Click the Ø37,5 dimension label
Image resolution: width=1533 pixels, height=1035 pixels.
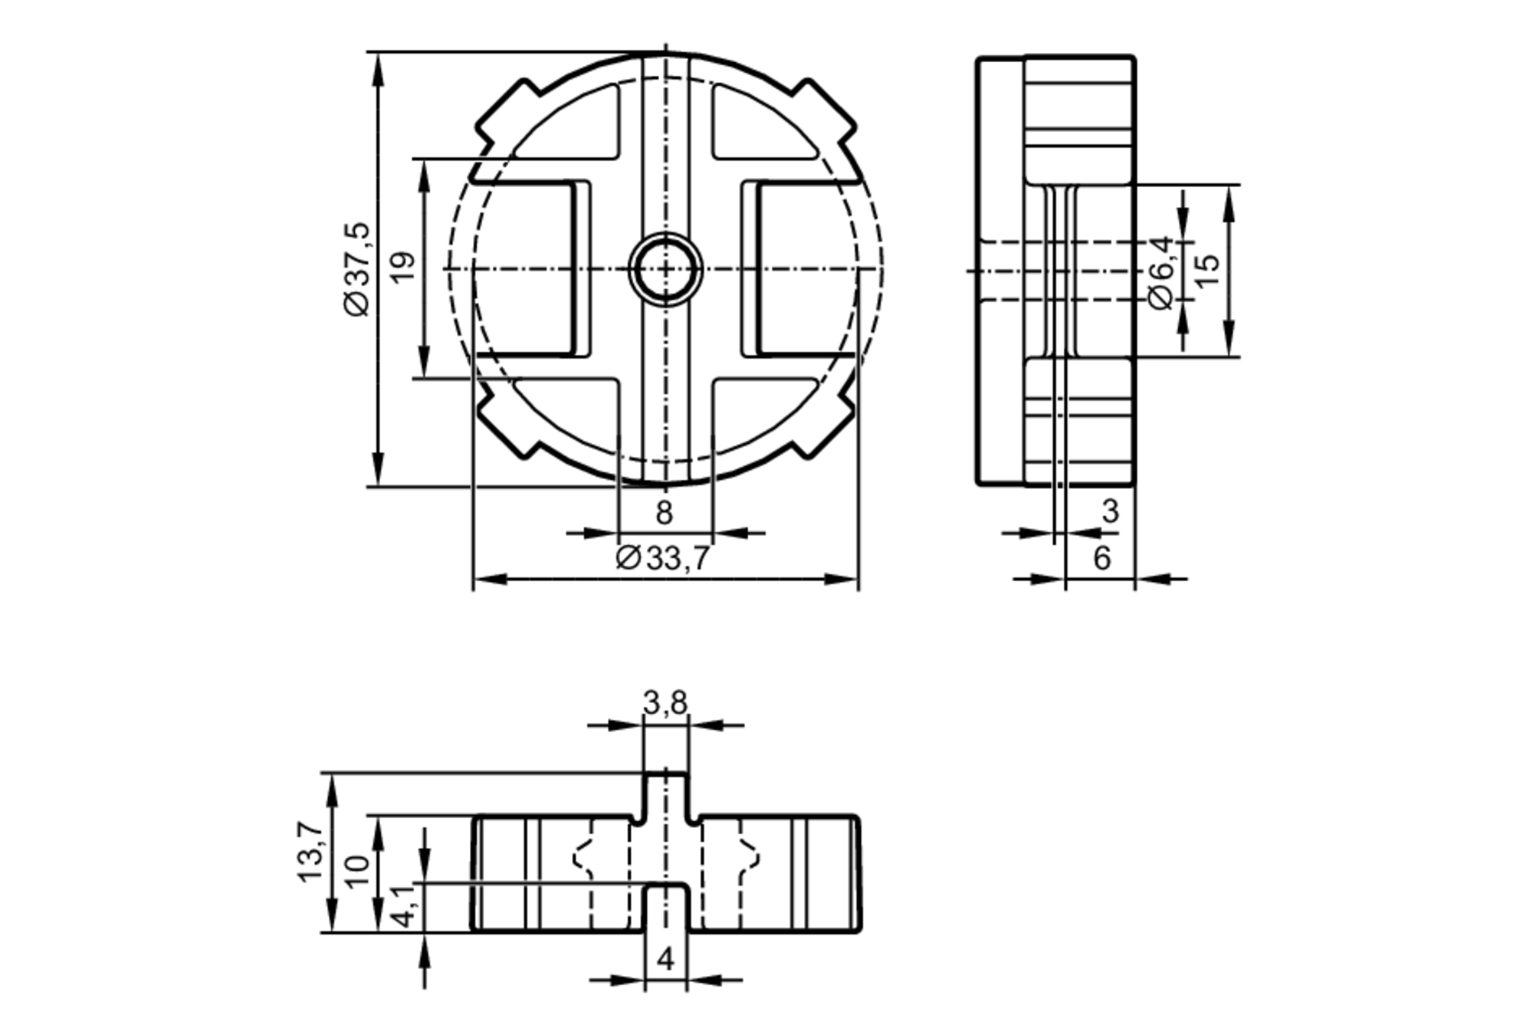[x=357, y=269]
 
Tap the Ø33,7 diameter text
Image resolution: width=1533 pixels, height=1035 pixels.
[x=664, y=558]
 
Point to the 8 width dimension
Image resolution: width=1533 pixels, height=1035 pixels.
[x=665, y=512]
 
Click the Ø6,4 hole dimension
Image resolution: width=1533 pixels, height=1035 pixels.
[x=1162, y=273]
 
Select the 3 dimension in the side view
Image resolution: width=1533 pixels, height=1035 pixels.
[x=1111, y=511]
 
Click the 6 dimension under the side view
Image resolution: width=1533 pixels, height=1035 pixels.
[x=1101, y=558]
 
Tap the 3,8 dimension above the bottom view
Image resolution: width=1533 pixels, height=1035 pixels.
[x=665, y=702]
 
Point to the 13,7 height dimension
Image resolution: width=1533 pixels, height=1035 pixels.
[x=311, y=851]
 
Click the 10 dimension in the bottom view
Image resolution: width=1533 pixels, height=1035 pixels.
[x=357, y=872]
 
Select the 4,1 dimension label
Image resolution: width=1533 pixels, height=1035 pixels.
[x=405, y=906]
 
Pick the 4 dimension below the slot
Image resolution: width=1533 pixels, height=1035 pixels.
[x=665, y=958]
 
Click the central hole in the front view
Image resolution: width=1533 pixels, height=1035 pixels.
[x=665, y=269]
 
